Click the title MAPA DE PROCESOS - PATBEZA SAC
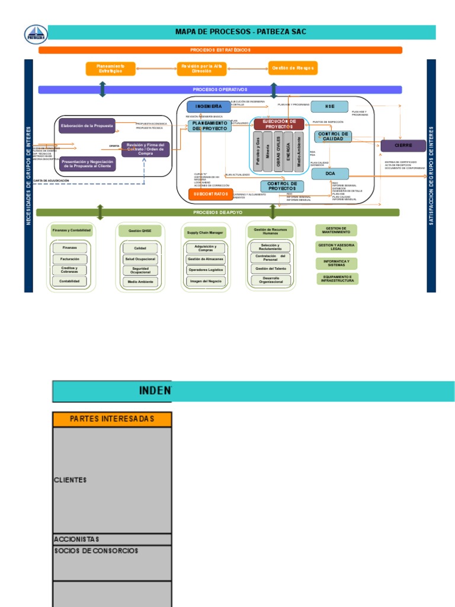pyautogui.click(x=241, y=31)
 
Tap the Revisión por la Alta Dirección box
pyautogui.click(x=201, y=68)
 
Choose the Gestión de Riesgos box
pyautogui.click(x=293, y=68)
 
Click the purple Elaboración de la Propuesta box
pyautogui.click(x=87, y=126)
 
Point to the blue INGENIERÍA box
pyautogui.click(x=209, y=107)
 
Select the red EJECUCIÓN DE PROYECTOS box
pyautogui.click(x=279, y=124)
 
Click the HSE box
pyautogui.click(x=329, y=107)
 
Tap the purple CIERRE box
pyautogui.click(x=403, y=145)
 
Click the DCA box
pyautogui.click(x=330, y=174)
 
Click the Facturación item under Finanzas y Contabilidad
pyautogui.click(x=69, y=259)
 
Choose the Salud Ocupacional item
pyautogui.click(x=140, y=259)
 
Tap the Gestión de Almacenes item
pyautogui.click(x=205, y=259)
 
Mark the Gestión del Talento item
pyautogui.click(x=270, y=269)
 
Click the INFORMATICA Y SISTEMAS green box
pyautogui.click(x=337, y=263)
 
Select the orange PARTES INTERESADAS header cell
pyautogui.click(x=112, y=419)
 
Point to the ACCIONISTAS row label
pyautogui.click(x=77, y=539)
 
